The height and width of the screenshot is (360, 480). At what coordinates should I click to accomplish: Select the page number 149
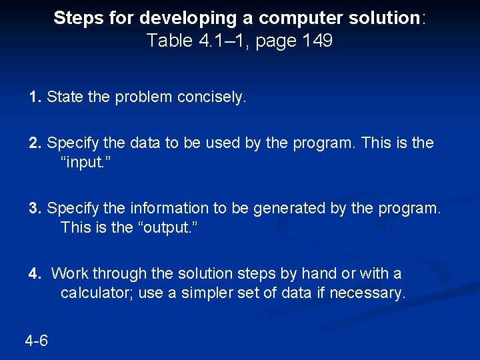pos(317,41)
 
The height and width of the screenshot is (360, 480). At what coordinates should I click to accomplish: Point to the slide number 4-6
pos(36,341)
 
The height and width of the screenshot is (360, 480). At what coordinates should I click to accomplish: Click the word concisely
pos(212,97)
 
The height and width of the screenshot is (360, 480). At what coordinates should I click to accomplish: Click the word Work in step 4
pos(70,273)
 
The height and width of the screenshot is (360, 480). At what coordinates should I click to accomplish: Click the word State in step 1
pos(64,97)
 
